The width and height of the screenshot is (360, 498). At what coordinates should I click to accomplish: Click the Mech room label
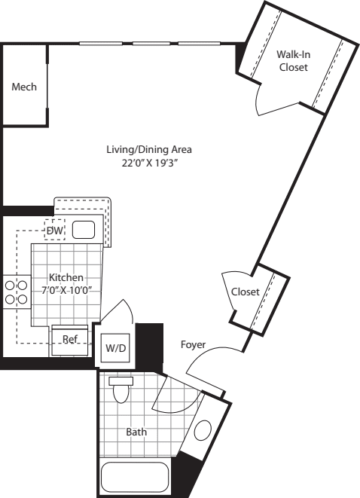click(x=24, y=87)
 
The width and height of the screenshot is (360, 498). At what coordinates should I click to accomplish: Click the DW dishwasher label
click(x=55, y=230)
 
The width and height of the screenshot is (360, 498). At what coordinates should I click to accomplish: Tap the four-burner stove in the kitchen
click(x=16, y=292)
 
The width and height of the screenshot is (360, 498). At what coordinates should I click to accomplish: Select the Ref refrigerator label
click(x=70, y=339)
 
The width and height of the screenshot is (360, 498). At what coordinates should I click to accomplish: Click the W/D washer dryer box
click(x=115, y=348)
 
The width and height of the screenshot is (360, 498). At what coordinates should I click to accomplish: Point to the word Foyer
click(x=194, y=344)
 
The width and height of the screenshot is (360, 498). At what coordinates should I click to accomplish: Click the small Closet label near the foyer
click(x=246, y=292)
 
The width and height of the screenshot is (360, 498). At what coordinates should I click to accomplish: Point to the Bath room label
click(x=136, y=432)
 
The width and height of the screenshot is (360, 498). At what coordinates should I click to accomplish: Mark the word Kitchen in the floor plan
click(x=66, y=277)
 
